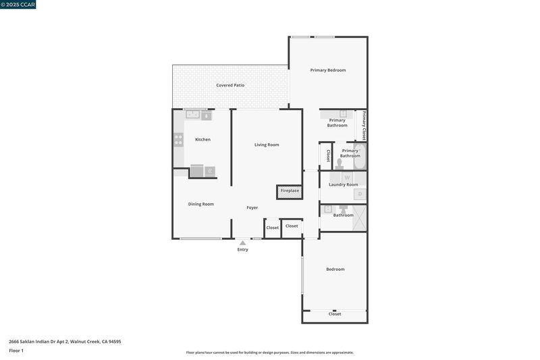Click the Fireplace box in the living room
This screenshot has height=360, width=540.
[x=290, y=192]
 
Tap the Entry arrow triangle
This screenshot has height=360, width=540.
[x=243, y=243]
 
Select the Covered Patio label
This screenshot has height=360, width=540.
[x=230, y=85]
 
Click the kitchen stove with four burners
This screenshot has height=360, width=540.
[x=178, y=140]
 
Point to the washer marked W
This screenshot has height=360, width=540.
[x=347, y=178]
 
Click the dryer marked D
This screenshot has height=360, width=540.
[x=360, y=194]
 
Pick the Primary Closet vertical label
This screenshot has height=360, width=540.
[x=364, y=126]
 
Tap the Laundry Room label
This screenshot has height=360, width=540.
[x=344, y=184]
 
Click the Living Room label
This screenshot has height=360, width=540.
[x=267, y=145]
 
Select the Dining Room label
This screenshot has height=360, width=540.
[x=200, y=204]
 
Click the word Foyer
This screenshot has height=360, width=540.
[x=252, y=207]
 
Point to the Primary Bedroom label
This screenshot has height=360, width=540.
[x=328, y=70]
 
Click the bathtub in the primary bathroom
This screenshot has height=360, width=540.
[x=360, y=157]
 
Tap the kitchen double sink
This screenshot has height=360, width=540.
[x=193, y=114]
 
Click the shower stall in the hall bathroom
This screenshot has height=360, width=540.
[x=359, y=217]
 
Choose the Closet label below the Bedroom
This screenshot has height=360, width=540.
[x=335, y=314]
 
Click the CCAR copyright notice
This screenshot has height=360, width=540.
[x=18, y=5]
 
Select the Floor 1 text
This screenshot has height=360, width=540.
[x=16, y=351]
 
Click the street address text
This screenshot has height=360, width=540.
[x=65, y=342]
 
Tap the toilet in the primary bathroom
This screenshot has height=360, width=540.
[x=340, y=163]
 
